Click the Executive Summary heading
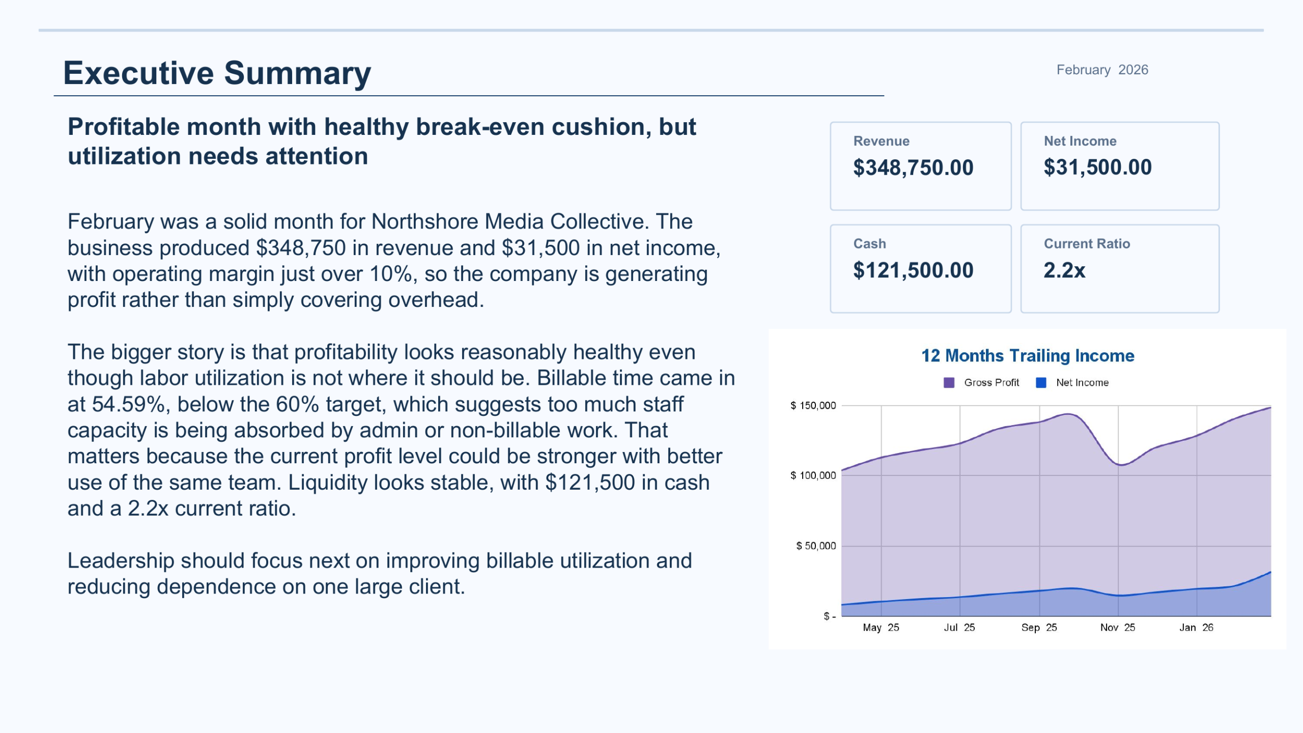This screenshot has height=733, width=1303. [x=217, y=73]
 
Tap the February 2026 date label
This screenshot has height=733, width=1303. [x=1102, y=70]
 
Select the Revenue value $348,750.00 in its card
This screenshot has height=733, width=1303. [x=913, y=168]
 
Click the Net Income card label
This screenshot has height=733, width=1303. [x=1080, y=141]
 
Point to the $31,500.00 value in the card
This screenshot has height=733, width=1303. [x=1097, y=167]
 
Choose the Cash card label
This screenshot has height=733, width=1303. [x=869, y=244]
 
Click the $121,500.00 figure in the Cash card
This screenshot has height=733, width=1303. [x=913, y=270]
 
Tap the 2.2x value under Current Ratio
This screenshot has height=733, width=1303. [x=1064, y=270]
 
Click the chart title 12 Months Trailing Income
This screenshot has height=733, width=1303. [x=1028, y=355]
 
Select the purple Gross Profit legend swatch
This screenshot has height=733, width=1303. [x=949, y=383]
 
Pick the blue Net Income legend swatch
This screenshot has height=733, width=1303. [x=1041, y=383]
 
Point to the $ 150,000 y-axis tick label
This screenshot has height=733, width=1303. [x=813, y=406]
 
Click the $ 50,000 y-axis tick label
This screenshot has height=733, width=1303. [x=815, y=546]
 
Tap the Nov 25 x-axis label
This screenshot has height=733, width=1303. [x=1117, y=628]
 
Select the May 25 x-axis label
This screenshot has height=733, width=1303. [x=881, y=628]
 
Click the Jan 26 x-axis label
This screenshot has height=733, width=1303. [x=1196, y=628]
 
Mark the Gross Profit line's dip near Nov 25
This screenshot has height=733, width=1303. [x=1121, y=465]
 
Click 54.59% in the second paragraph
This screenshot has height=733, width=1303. [x=129, y=405]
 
